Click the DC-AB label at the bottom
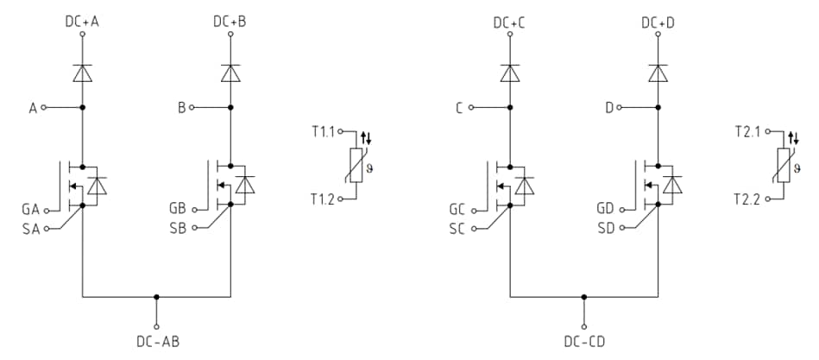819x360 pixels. [x=156, y=342]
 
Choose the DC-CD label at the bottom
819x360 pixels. [x=584, y=342]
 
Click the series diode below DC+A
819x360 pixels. [x=82, y=73]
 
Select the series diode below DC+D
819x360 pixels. [x=658, y=73]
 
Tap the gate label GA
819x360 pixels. [x=30, y=210]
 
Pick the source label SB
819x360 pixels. [x=178, y=228]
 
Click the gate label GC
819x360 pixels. [x=457, y=210]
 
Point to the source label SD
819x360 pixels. [x=606, y=228]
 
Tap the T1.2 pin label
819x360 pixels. [x=324, y=199]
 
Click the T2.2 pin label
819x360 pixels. [x=749, y=199]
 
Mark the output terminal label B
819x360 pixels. [x=181, y=108]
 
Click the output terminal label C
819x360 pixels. [x=460, y=108]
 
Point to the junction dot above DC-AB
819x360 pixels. [x=156, y=297]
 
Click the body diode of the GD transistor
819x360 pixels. [x=671, y=185]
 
